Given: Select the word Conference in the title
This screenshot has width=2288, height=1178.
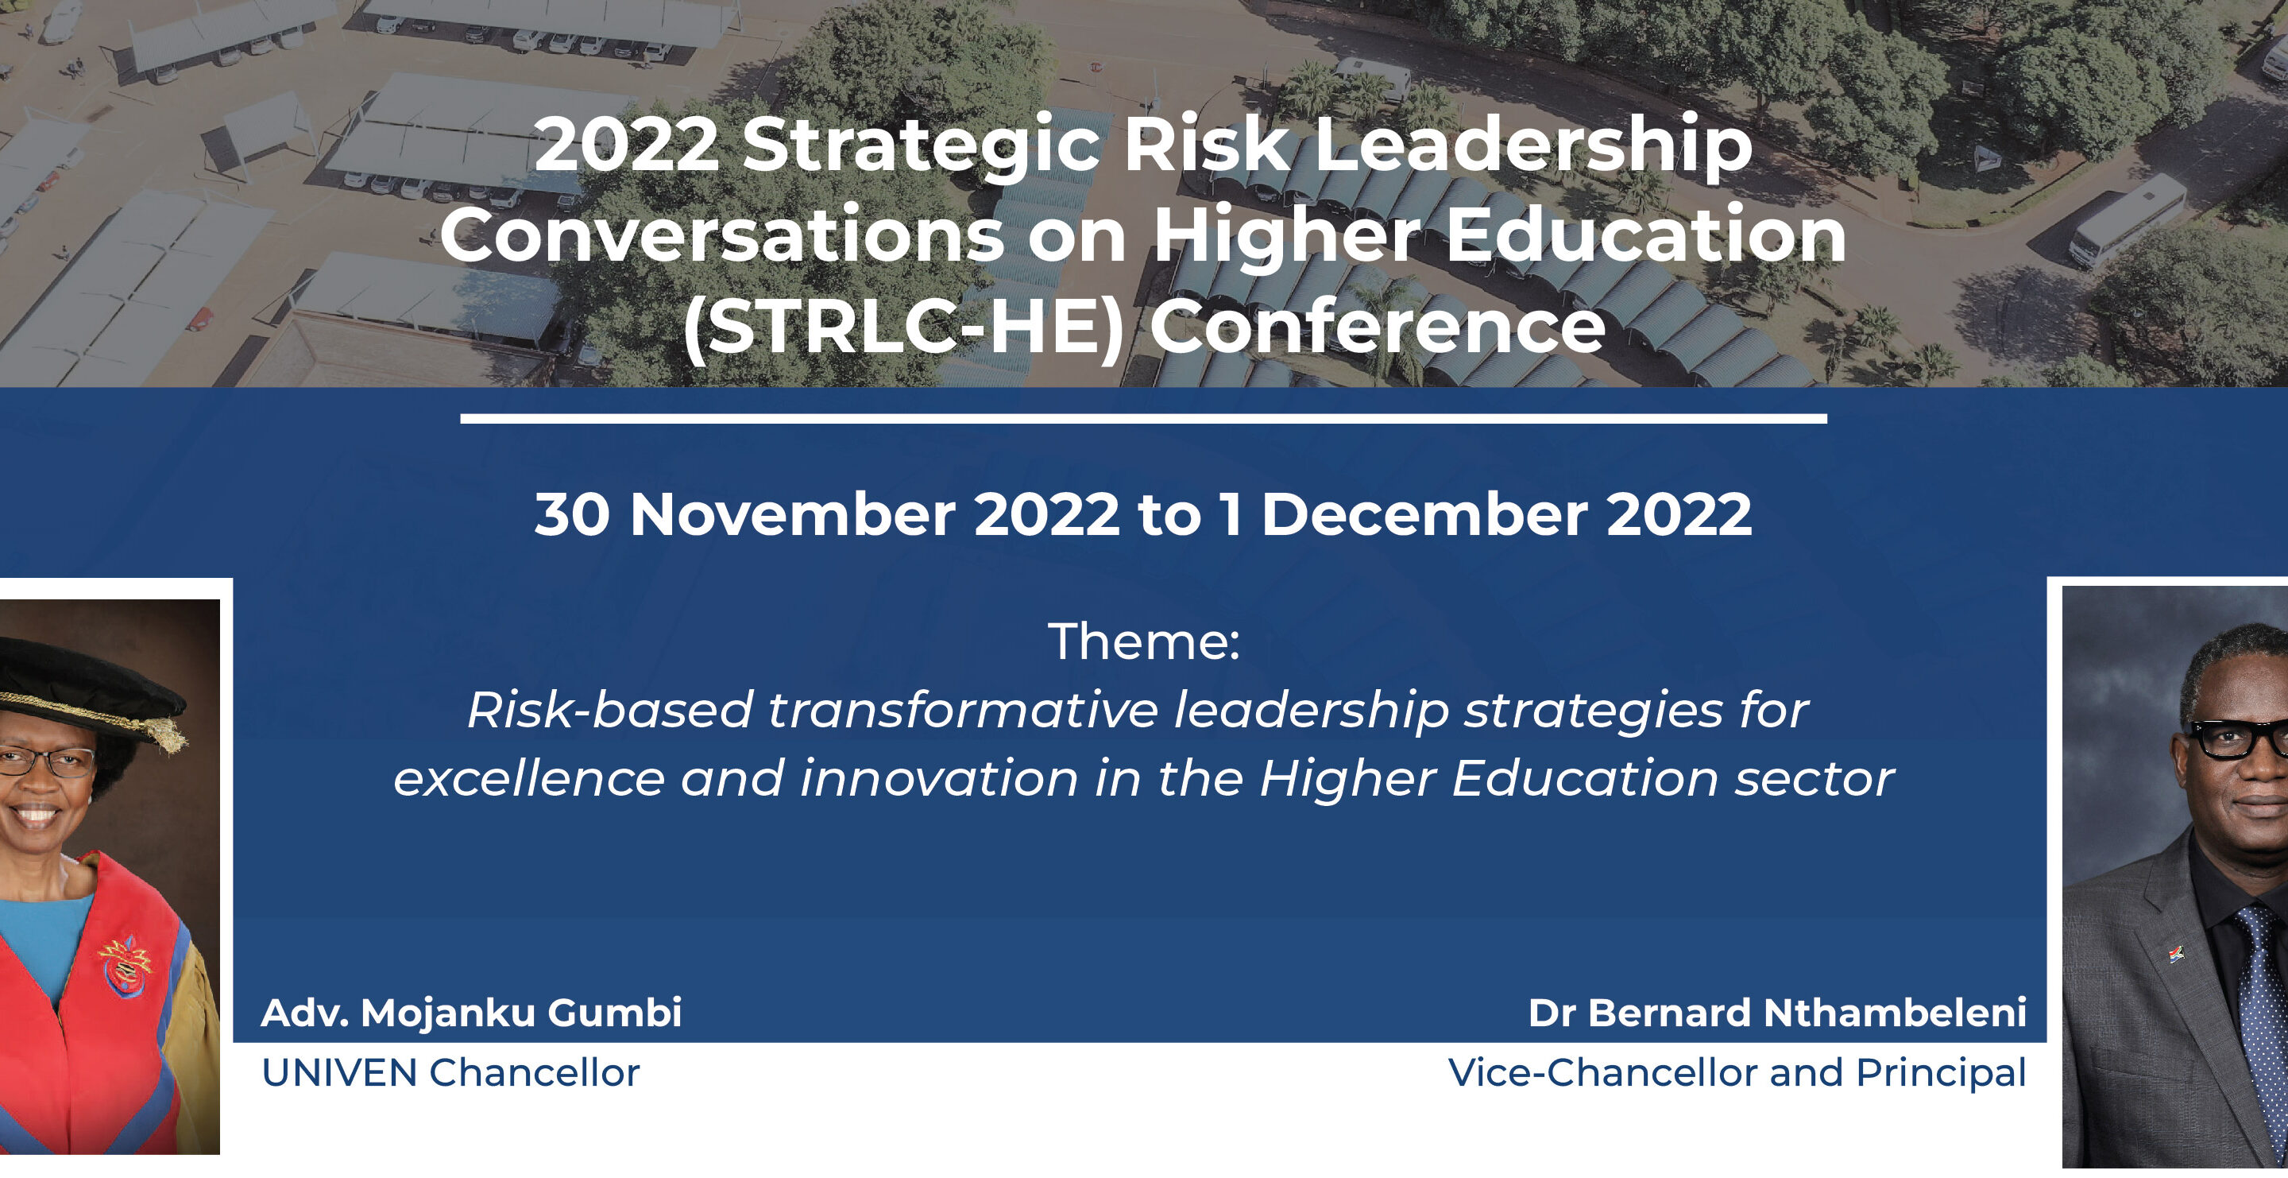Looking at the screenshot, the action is [1378, 326].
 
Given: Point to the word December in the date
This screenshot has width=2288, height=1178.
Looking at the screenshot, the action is [1424, 514].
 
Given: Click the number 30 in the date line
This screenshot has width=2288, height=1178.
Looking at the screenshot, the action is [572, 515].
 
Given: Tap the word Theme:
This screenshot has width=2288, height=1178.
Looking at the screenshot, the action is [1144, 641].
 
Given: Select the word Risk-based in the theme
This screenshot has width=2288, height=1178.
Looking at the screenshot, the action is [610, 710].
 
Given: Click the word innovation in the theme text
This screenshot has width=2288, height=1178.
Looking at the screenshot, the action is [939, 778].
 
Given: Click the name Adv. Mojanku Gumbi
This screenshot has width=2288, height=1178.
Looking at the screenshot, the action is [472, 1013].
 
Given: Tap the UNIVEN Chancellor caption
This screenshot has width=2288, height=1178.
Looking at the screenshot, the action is [450, 1073].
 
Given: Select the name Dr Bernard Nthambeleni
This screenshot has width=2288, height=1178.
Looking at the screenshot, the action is [1777, 1013].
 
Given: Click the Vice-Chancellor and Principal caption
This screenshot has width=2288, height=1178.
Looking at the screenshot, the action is [1737, 1073].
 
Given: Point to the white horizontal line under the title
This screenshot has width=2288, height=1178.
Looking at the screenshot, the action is [1143, 418].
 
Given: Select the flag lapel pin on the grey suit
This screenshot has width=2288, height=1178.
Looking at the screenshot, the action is [2176, 955].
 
